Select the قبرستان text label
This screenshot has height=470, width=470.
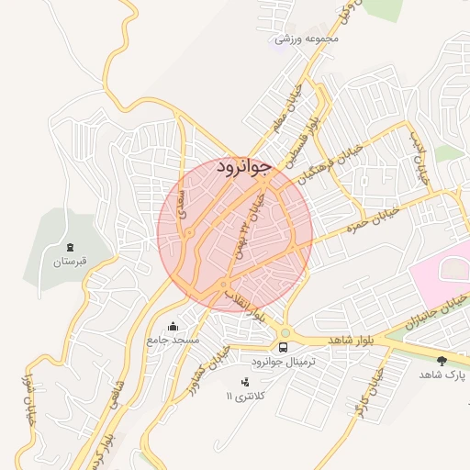coord(70,262)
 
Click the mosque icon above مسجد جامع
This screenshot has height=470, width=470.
coord(173,326)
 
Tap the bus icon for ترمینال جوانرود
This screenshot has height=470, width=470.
coord(283,347)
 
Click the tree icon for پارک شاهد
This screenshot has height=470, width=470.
coord(442,361)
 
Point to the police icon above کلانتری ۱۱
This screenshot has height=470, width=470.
coord(245,381)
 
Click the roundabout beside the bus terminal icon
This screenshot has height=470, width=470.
coord(285,332)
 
